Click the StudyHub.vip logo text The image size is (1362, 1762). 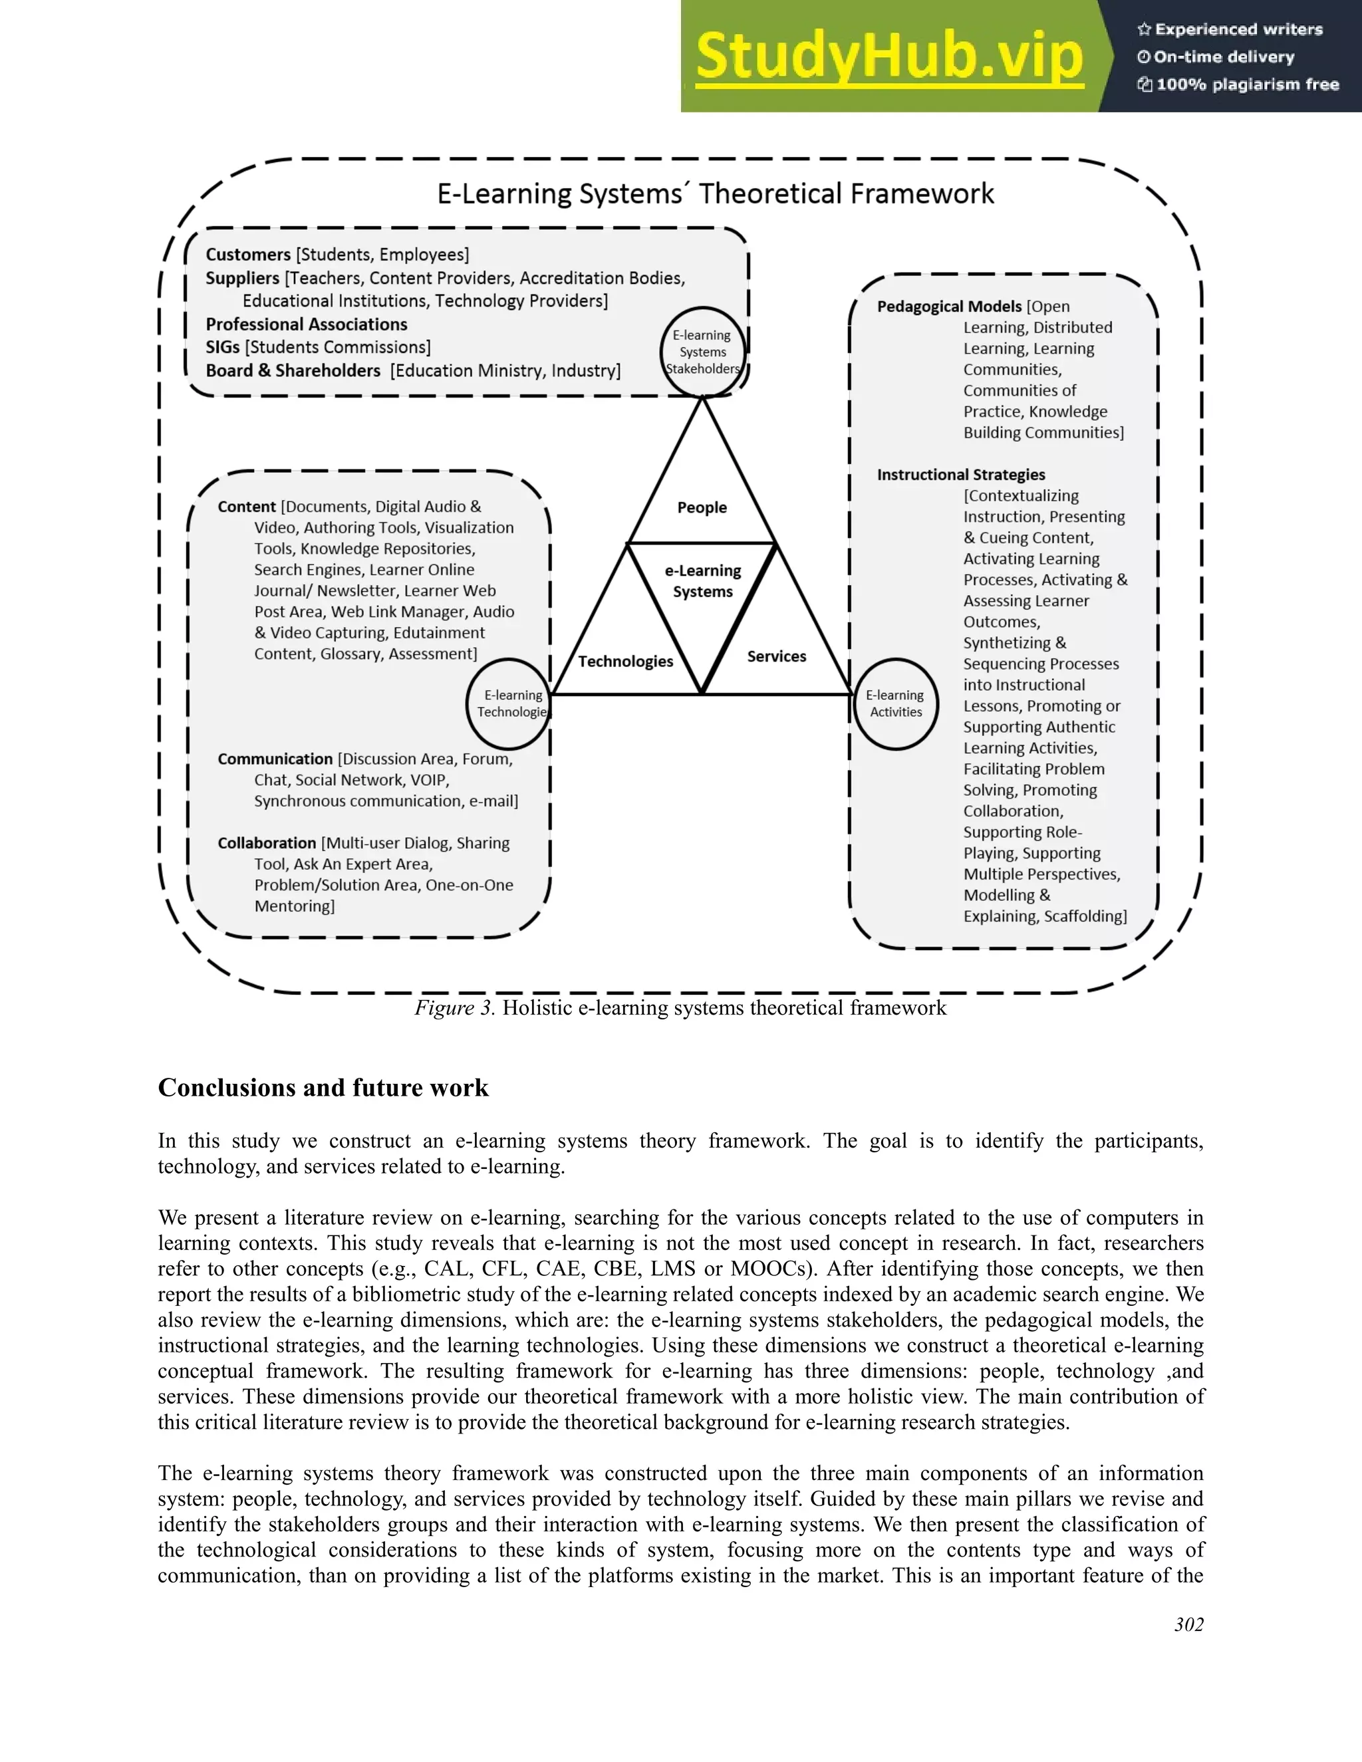888,57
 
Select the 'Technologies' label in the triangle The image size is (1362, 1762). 625,662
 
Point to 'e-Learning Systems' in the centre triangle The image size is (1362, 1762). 703,581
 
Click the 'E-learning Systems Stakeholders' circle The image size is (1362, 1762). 703,352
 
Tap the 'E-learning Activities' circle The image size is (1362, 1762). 896,703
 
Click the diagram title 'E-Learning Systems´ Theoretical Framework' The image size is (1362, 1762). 715,193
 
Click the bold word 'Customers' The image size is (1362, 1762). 247,255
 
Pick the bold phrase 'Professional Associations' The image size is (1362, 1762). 306,324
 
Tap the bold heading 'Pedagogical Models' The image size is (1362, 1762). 949,307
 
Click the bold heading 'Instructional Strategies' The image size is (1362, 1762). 960,474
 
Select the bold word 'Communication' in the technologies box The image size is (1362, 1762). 275,759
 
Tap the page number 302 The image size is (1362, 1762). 1188,1624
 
